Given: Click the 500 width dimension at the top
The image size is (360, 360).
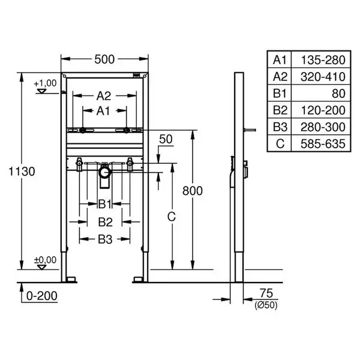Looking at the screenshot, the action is tap(104, 59).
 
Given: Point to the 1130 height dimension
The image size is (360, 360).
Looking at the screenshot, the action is tap(22, 171).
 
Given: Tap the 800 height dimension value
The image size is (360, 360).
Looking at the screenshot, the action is tap(193, 191).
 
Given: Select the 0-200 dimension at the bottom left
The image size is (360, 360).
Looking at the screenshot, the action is tap(42, 296).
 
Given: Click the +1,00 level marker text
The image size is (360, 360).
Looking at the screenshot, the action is tap(45, 83).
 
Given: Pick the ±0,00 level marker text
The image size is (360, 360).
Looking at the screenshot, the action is tap(45, 260).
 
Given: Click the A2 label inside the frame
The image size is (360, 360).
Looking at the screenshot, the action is tap(104, 96).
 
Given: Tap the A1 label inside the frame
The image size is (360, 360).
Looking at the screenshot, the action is tap(103, 111).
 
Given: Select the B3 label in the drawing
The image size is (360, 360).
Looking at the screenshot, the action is tap(105, 239).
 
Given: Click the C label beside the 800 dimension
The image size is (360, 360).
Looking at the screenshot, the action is tap(172, 217).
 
